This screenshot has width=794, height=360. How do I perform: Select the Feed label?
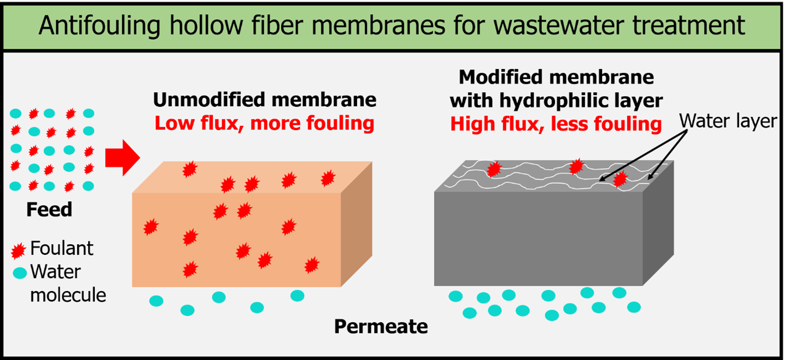pos(49,210)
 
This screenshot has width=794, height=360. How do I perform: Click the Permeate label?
pos(381,327)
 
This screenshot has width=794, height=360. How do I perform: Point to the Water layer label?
pos(728,121)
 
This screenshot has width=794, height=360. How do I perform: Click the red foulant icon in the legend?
pos(18,250)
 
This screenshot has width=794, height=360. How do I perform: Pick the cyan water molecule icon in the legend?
pos(20,273)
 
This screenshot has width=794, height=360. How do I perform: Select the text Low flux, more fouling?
pos(264,123)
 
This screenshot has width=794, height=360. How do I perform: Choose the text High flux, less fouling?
pos(556,124)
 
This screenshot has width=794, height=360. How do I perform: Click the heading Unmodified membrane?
pos(264,100)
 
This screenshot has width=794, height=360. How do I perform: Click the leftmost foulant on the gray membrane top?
pos(494,169)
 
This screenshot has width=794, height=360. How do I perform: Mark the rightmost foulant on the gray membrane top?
pos(620,179)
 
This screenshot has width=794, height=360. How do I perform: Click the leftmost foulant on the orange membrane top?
pos(190,169)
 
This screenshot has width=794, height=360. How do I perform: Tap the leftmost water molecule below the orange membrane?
pos(156,300)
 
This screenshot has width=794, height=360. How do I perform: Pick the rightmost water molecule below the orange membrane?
pos(298,296)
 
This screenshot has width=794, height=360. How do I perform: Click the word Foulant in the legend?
pos(61,249)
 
